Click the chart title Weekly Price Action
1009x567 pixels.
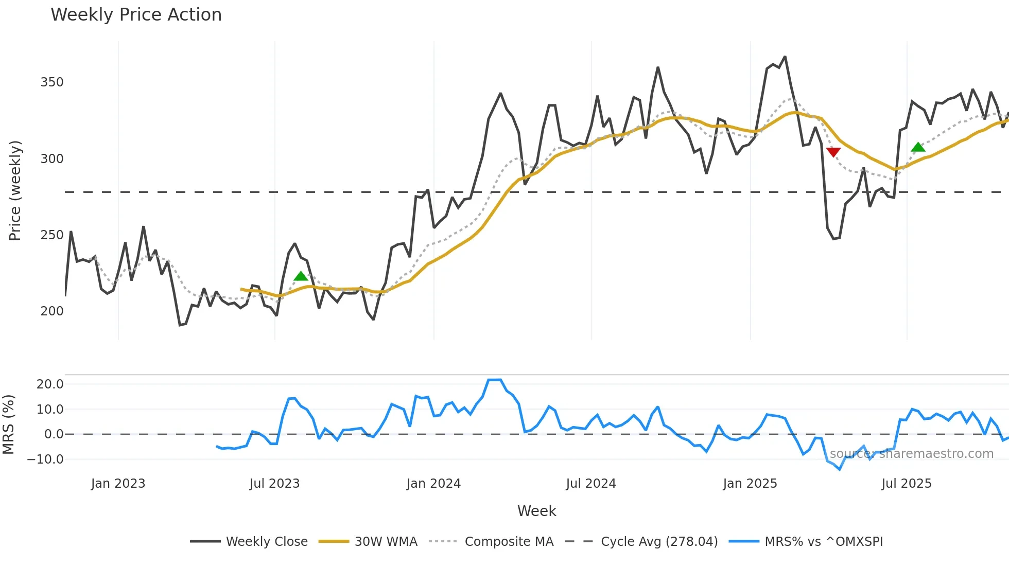pyautogui.click(x=136, y=15)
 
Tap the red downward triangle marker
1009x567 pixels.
pyautogui.click(x=833, y=152)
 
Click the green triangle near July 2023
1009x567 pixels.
pyautogui.click(x=301, y=276)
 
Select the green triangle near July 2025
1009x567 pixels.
pyautogui.click(x=918, y=148)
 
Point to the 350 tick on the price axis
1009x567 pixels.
pyautogui.click(x=52, y=82)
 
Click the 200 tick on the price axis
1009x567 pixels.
pyautogui.click(x=52, y=311)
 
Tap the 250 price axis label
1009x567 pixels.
pyautogui.click(x=52, y=235)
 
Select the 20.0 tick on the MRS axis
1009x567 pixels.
pyautogui.click(x=50, y=384)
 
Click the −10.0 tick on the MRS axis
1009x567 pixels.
pyautogui.click(x=46, y=459)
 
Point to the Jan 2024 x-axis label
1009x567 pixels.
pyautogui.click(x=433, y=484)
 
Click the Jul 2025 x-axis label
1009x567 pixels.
pyautogui.click(x=906, y=484)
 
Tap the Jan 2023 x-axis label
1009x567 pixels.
pyautogui.click(x=118, y=484)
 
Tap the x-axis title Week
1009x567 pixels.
pyautogui.click(x=536, y=511)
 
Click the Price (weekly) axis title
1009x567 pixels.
pyautogui.click(x=15, y=190)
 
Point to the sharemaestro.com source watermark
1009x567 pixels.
pyautogui.click(x=911, y=454)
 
